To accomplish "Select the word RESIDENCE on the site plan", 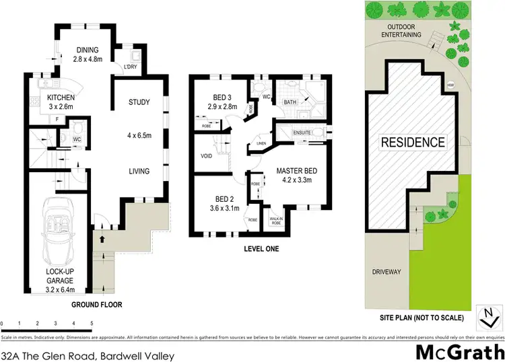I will pos(413,142).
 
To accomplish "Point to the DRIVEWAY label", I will pos(386,272).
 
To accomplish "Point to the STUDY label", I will pos(139,102).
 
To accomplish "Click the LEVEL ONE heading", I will pos(261,248).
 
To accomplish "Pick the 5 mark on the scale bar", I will pos(92,324).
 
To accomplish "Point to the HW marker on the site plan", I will pos(450,85).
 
